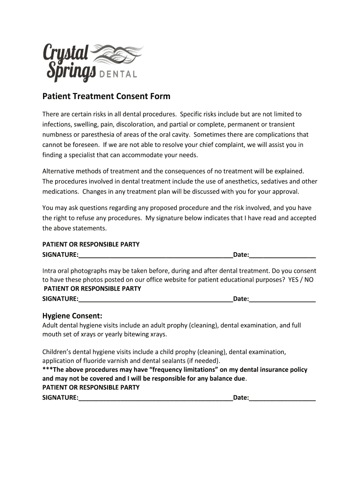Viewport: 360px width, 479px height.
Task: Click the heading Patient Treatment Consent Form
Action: click(x=106, y=96)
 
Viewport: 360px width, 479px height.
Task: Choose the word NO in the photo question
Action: click(x=309, y=280)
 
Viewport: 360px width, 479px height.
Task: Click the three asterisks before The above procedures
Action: click(x=47, y=370)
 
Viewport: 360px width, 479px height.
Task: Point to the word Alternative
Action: click(x=58, y=171)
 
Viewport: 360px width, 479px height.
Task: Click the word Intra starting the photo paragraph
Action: click(x=50, y=271)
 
